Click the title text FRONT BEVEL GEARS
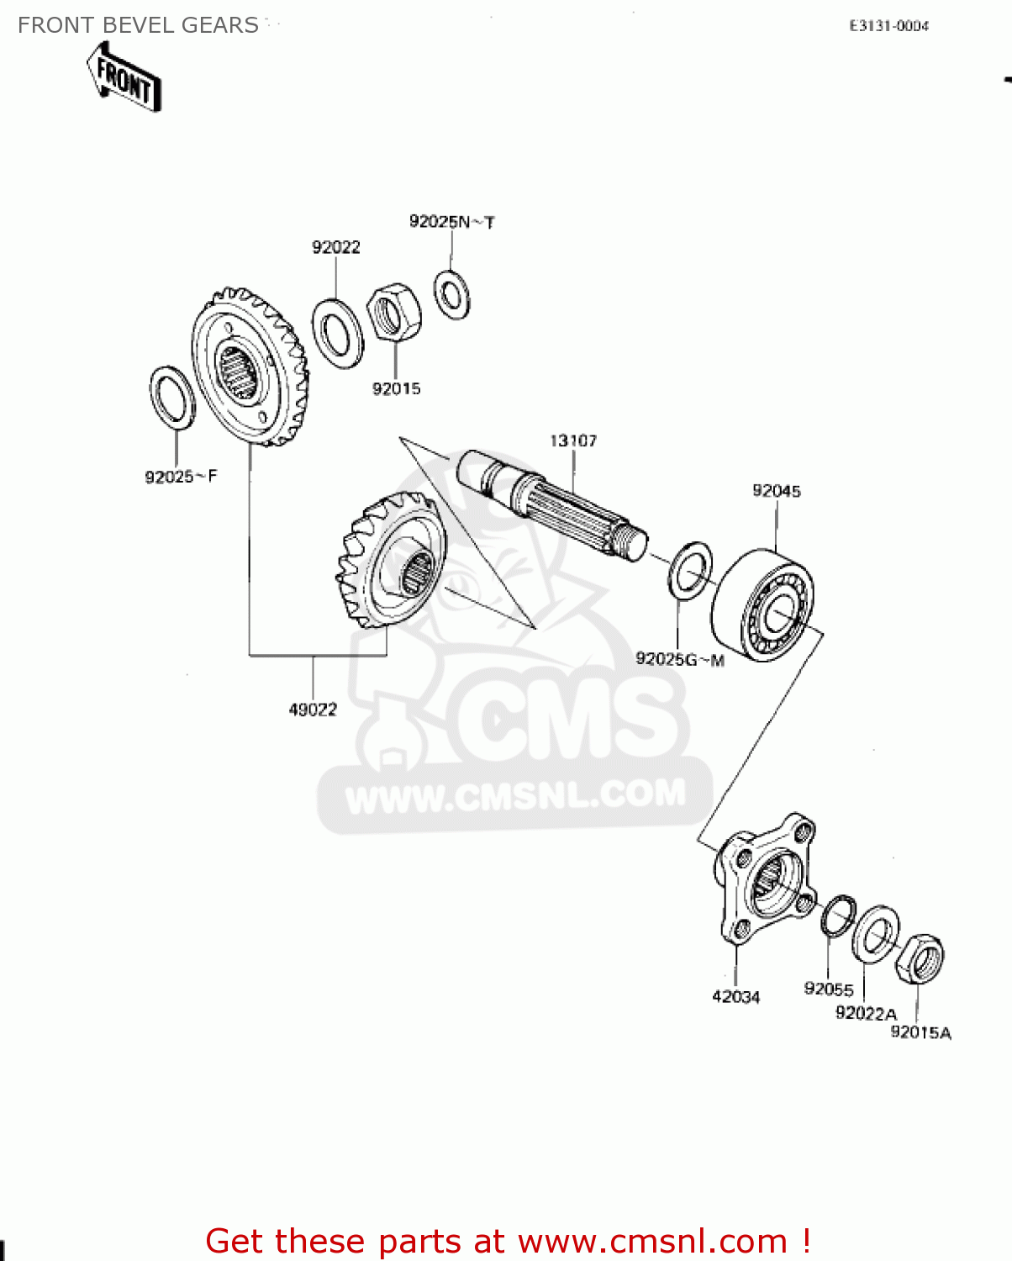(x=138, y=25)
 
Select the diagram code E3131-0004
(x=888, y=26)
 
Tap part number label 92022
(x=335, y=247)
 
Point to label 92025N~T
(x=451, y=222)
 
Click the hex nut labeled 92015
(x=394, y=312)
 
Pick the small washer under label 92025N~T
(x=452, y=294)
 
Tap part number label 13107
(x=573, y=441)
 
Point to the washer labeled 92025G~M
(x=690, y=571)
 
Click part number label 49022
(x=313, y=710)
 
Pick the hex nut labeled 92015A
(x=919, y=958)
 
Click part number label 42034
(x=735, y=997)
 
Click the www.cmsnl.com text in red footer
(x=652, y=1241)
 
